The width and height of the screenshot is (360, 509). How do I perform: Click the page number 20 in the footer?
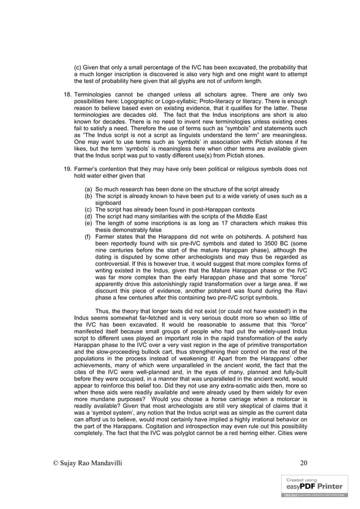tap(304, 463)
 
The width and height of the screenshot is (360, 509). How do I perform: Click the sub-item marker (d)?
tap(89, 216)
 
